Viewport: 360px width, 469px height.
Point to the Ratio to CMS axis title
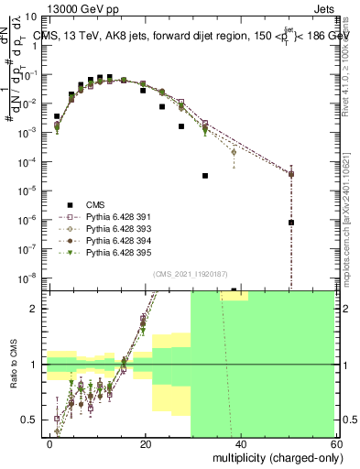pyautogui.click(x=15, y=378)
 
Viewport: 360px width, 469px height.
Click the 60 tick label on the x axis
pyautogui.click(x=333, y=443)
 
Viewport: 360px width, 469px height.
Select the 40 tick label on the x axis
pyautogui.click(x=239, y=443)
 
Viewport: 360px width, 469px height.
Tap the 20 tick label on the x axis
pyautogui.click(x=145, y=443)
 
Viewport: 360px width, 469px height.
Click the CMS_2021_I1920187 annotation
pyautogui.click(x=187, y=274)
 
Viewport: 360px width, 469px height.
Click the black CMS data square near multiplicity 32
pyautogui.click(x=205, y=175)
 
